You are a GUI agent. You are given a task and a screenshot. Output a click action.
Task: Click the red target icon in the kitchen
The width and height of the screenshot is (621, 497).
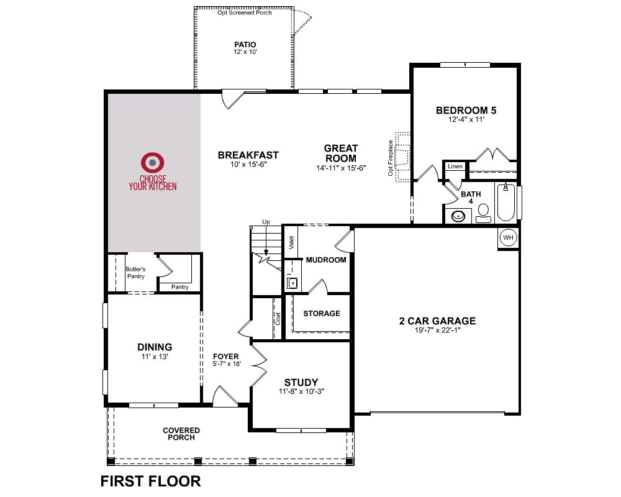153,163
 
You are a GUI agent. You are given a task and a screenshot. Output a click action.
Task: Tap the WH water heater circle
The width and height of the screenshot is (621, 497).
508,237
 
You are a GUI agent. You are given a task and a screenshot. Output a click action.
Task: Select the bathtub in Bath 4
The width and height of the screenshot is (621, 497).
505,202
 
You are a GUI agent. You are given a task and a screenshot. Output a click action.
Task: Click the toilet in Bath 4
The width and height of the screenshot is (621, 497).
483,213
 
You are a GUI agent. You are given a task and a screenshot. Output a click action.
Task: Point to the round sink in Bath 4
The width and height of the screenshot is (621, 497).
458,216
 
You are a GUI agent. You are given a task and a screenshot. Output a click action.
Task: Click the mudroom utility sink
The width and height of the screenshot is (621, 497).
292,283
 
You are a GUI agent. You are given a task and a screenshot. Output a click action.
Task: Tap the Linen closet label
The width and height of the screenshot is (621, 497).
455,166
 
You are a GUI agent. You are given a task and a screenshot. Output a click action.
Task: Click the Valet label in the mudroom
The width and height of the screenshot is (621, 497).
291,242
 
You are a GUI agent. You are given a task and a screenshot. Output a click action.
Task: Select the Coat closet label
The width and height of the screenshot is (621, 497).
278,319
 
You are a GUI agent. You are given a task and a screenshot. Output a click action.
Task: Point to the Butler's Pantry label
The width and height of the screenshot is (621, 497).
136,273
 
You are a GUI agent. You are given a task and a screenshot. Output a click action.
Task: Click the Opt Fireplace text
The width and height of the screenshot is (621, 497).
391,158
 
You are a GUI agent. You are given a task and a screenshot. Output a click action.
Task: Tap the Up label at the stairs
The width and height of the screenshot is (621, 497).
266,222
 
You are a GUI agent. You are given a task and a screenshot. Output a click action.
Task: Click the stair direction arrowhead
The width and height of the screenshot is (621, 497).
266,253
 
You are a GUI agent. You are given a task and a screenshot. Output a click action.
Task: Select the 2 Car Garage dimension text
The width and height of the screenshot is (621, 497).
437,330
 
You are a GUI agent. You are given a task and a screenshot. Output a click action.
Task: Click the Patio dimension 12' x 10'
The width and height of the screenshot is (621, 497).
245,52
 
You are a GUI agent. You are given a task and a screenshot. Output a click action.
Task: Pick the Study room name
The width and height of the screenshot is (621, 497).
301,382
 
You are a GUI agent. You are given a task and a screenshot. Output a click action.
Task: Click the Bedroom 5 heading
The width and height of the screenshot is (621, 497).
466,110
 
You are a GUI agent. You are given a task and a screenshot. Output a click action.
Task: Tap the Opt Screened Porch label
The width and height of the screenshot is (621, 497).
244,12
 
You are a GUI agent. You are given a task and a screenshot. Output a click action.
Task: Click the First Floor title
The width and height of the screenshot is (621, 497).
150,481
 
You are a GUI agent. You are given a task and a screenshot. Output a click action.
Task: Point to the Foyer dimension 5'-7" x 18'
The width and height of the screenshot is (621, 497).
227,364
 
